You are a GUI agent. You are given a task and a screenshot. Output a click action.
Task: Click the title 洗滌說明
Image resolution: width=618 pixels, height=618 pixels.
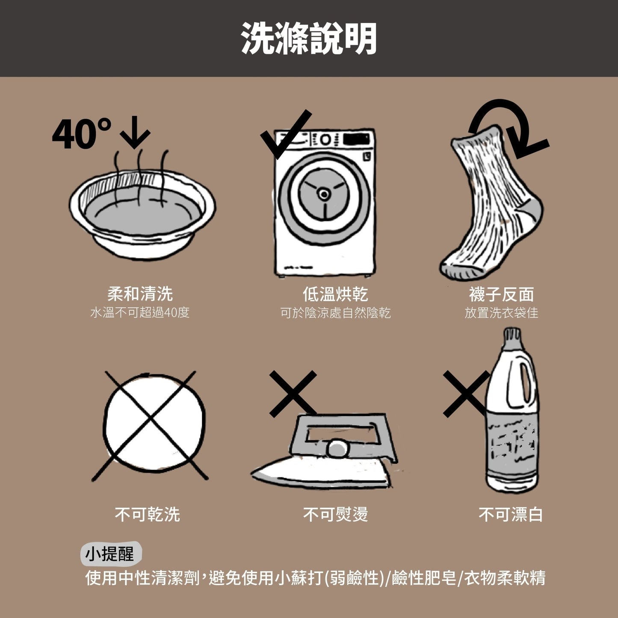pyautogui.click(x=308, y=38)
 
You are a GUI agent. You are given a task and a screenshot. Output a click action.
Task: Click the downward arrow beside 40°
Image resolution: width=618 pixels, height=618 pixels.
pyautogui.click(x=135, y=132)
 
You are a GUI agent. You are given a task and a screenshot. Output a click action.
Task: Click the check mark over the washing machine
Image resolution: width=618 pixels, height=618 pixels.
pyautogui.click(x=284, y=135)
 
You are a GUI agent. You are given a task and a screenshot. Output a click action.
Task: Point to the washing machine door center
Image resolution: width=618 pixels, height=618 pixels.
pyautogui.click(x=324, y=195)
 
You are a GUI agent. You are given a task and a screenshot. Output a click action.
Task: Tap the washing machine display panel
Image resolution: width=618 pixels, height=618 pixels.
pyautogui.click(x=356, y=139)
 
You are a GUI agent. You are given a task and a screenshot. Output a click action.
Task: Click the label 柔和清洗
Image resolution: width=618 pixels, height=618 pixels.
pyautogui.click(x=140, y=294)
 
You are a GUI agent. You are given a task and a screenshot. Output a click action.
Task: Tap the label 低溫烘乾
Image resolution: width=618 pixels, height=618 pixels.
pyautogui.click(x=335, y=294)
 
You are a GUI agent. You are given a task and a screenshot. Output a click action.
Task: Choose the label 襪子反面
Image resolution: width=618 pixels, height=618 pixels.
pyautogui.click(x=501, y=294)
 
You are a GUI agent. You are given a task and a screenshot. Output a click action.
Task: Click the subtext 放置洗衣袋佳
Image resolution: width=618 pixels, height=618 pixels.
pyautogui.click(x=501, y=313)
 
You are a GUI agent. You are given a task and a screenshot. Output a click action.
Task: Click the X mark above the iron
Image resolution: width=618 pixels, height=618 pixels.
pyautogui.click(x=293, y=393)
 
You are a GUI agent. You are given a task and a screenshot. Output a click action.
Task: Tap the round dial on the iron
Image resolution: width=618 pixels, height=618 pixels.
pyautogui.click(x=337, y=449)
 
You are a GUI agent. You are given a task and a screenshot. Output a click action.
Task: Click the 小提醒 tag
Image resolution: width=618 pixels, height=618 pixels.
pyautogui.click(x=110, y=554)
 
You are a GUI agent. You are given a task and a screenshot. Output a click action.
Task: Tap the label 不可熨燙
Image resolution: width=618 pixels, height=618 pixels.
pyautogui.click(x=335, y=514)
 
